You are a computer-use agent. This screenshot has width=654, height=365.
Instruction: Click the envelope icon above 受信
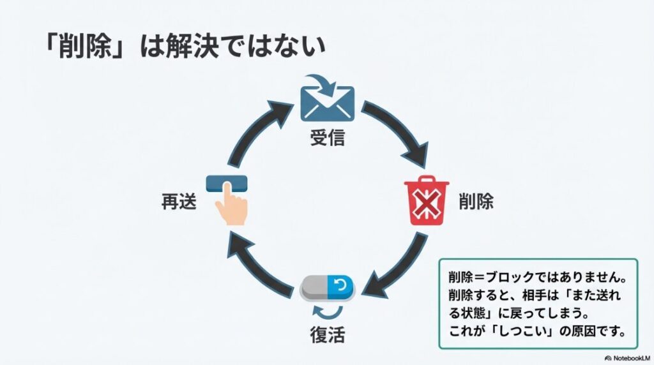pos(327,101)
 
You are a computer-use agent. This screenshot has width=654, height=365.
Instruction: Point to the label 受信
pos(327,138)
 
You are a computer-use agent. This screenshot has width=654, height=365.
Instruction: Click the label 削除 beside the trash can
pos(476,202)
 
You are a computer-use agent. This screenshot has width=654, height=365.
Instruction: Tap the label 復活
pos(327,332)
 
